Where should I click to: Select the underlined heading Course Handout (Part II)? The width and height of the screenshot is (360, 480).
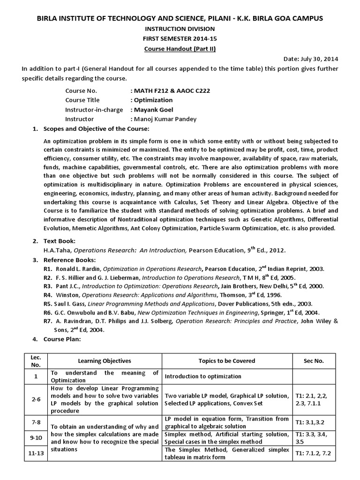click(180, 49)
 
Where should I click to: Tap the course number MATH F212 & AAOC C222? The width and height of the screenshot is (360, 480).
click(172, 90)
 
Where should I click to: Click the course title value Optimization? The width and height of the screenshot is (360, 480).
click(153, 100)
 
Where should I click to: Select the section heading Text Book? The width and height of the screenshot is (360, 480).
click(59, 241)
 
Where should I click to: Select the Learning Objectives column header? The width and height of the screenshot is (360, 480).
click(105, 360)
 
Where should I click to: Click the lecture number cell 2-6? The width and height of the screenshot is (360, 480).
click(36, 399)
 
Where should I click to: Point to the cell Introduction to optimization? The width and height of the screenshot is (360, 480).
click(203, 376)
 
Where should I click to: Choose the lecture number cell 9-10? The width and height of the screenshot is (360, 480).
click(36, 438)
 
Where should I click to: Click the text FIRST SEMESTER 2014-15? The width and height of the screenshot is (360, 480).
click(180, 39)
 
